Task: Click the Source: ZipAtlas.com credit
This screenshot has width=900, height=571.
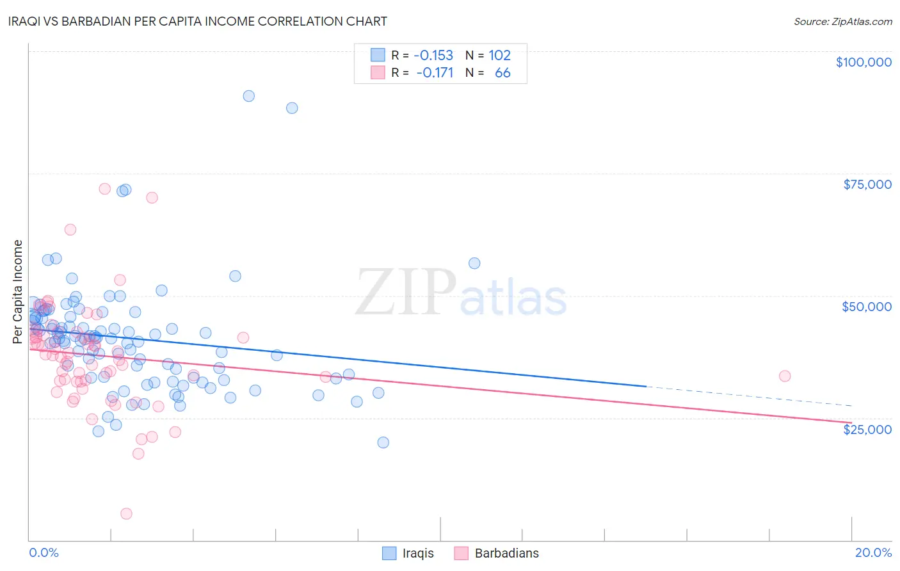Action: click(x=842, y=21)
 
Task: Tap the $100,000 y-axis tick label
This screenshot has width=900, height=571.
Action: click(x=863, y=62)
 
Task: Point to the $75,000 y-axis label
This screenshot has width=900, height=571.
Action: click(x=867, y=184)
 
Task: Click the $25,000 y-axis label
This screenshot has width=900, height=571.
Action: click(x=867, y=430)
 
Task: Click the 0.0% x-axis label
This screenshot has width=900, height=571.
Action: click(x=44, y=552)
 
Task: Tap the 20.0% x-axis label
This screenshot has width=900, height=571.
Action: click(x=873, y=552)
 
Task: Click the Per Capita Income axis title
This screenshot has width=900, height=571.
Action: click(x=18, y=291)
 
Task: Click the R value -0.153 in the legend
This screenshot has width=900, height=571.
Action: click(x=433, y=55)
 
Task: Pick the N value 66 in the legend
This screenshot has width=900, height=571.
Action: click(x=502, y=73)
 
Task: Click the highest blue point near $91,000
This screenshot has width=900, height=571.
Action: click(x=248, y=96)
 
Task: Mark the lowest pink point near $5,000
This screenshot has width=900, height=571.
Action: click(x=126, y=513)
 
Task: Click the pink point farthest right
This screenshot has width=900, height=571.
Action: click(x=785, y=376)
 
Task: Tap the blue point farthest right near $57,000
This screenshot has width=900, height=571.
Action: click(x=474, y=263)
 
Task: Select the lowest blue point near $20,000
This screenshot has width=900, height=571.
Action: click(x=383, y=442)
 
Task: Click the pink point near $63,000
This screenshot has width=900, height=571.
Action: click(x=70, y=229)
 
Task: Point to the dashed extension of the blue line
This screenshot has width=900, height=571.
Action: click(x=749, y=396)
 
